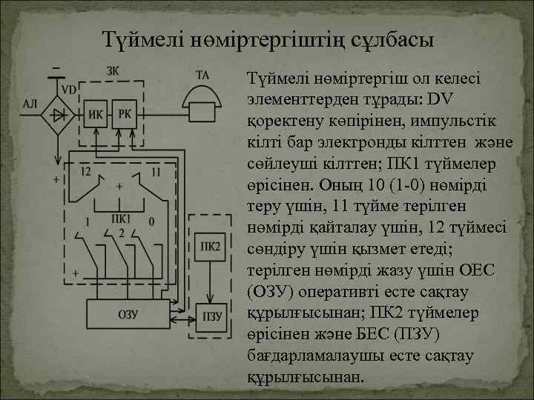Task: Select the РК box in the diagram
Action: click(125, 113)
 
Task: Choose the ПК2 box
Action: click(210, 247)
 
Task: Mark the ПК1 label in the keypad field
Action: click(120, 219)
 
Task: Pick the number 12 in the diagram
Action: click(86, 172)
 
